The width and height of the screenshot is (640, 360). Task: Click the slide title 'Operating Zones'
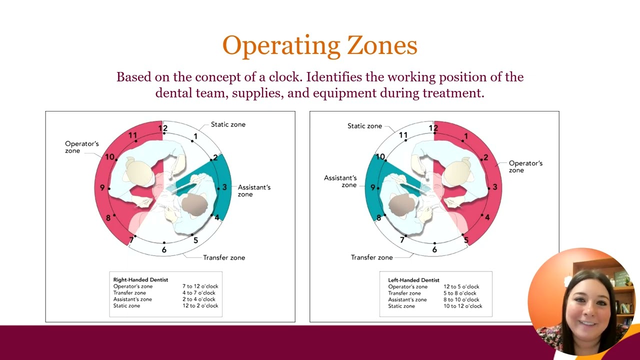319,45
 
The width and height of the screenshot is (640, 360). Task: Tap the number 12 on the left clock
163,128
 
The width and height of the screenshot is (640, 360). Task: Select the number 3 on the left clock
224,187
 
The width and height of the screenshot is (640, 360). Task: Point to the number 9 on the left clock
102,187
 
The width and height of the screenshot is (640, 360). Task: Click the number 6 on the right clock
434,249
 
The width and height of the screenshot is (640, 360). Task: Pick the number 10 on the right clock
380,157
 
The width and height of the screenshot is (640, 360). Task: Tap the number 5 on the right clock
466,240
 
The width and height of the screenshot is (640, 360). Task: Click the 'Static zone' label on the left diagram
228,124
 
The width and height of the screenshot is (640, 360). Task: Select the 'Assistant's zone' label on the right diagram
340,181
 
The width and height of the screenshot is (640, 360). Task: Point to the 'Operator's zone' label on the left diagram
81,147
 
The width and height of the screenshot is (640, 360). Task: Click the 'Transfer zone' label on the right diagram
371,257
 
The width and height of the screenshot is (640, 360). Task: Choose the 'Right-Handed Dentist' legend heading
140,280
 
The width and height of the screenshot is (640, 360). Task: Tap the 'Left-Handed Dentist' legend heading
413,280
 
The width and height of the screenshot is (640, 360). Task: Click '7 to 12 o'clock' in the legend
200,286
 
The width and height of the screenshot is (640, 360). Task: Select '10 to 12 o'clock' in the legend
462,306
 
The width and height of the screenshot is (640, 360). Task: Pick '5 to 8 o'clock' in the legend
459,293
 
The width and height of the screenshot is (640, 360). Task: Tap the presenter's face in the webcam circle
588,303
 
